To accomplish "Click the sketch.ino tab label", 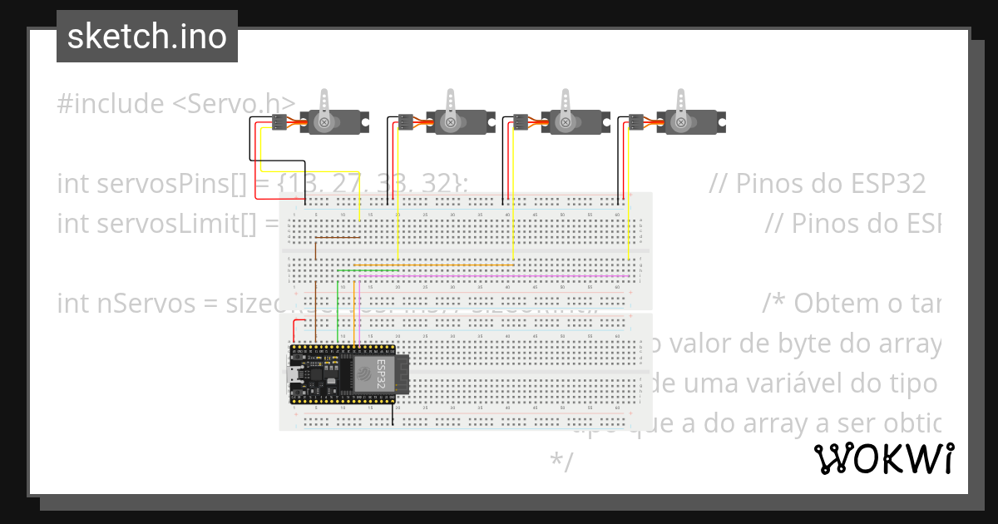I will [x=147, y=37].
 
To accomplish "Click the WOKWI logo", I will [x=883, y=458].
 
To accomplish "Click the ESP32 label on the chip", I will [x=381, y=375].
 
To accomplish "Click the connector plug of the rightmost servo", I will [x=636, y=123].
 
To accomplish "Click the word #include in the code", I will [x=111, y=104].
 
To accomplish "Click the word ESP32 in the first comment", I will [x=892, y=183].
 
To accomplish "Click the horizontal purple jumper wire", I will [x=491, y=274].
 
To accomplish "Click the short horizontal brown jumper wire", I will [x=337, y=237].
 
